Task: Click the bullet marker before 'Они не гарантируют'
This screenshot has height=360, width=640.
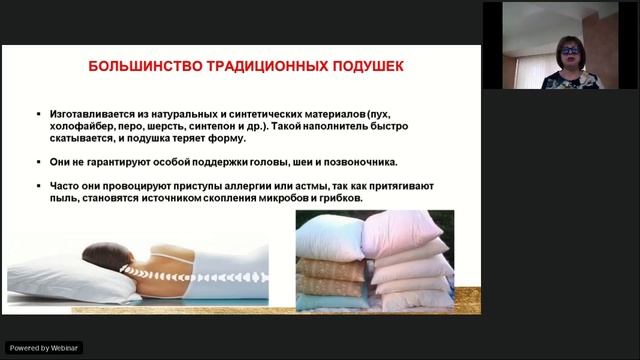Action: click(37, 162)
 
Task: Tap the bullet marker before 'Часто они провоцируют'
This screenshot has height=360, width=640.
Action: click(37, 186)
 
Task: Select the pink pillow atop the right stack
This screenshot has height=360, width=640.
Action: click(399, 233)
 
